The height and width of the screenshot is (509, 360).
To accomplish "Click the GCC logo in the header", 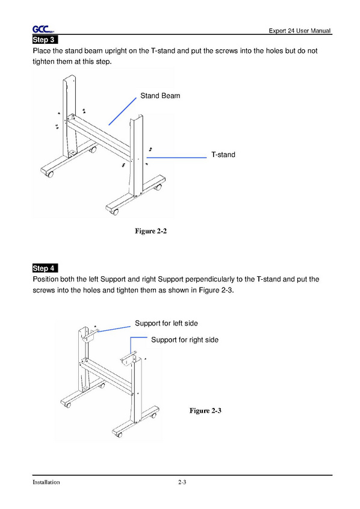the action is coord(43,29).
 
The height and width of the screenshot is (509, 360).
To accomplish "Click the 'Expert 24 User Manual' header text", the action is coord(300,31).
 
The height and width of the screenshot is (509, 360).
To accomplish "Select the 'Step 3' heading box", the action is coord(45,40).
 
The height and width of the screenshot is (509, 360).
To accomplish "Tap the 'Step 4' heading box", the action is coord(45,268).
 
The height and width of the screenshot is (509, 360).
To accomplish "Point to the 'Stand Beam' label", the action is coord(160,96).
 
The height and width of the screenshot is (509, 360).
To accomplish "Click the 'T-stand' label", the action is coord(223,155).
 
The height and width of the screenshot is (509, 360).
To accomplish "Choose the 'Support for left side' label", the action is coord(166,323).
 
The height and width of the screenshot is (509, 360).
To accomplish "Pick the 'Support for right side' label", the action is coord(185,340).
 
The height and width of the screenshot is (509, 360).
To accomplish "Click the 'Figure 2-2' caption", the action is coord(151,231).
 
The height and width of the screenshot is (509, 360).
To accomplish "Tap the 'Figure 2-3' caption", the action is coord(205,411).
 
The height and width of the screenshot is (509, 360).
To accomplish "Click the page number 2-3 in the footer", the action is coord(182,482).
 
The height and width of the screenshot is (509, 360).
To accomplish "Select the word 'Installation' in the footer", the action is coord(46,482).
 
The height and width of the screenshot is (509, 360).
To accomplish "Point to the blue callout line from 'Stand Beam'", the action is coord(122,111).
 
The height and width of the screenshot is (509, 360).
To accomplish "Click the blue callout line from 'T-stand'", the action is coord(176,158).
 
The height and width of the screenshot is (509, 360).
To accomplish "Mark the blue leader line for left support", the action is coord(114,329).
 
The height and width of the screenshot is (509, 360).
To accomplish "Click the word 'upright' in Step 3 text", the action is coord(116,51).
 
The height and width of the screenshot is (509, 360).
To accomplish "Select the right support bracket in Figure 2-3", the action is coord(128,358).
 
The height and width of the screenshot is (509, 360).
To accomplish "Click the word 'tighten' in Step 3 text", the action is coord(43,62).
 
